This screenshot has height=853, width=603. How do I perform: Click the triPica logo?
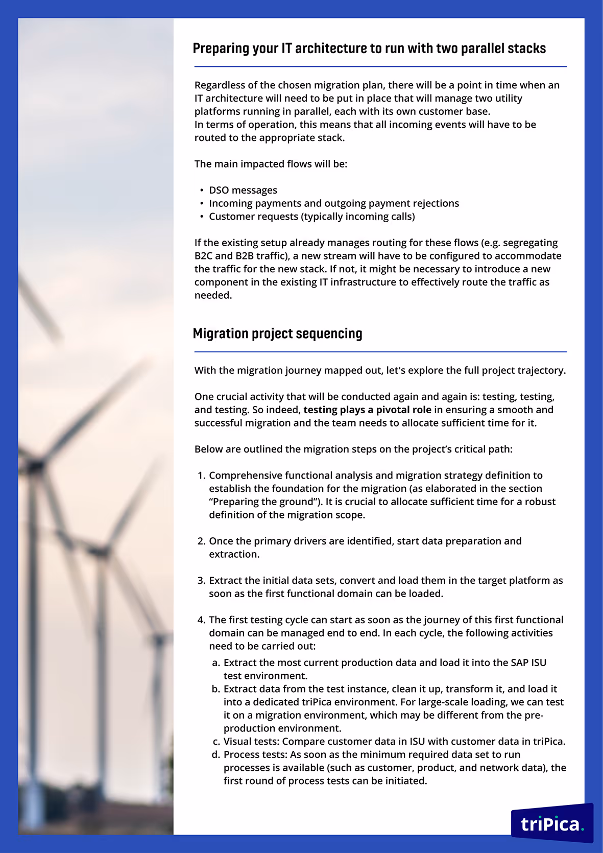click(551, 823)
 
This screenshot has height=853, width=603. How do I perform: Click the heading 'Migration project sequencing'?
click(277, 334)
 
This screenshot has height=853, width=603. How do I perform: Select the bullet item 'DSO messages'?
click(243, 190)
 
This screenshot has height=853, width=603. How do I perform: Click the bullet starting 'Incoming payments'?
click(334, 203)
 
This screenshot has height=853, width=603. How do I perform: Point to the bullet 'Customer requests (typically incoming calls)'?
click(312, 217)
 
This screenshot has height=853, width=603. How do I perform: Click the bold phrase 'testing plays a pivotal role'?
click(367, 410)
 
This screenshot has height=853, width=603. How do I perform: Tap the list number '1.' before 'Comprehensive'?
click(201, 476)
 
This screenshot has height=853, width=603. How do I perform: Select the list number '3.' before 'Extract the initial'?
click(201, 581)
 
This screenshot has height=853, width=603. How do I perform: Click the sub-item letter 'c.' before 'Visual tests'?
click(216, 742)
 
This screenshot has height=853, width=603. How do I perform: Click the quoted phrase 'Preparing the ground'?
click(266, 502)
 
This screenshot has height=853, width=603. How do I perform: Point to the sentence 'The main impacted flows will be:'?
click(271, 164)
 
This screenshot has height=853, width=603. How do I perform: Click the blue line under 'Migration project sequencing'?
click(380, 352)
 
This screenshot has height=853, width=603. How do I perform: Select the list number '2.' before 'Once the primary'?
click(201, 541)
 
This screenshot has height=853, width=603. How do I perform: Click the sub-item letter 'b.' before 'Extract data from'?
click(216, 689)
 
